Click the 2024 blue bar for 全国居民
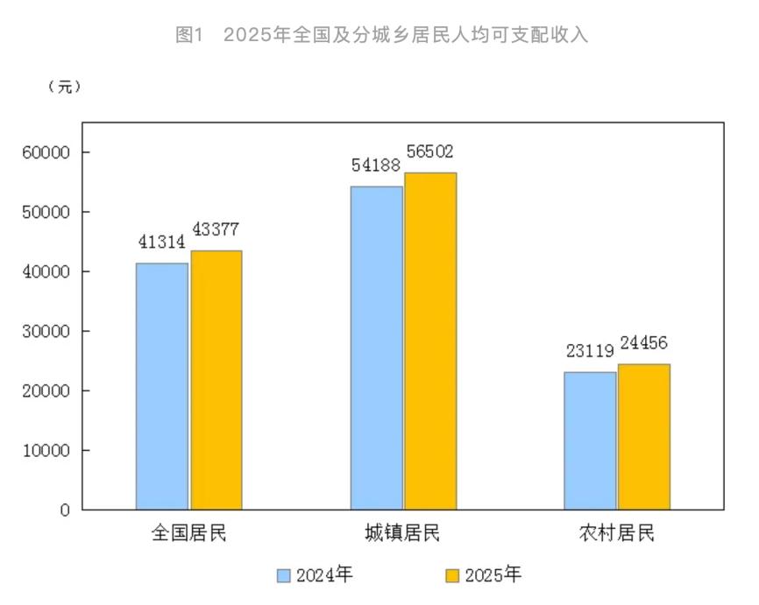(162, 386)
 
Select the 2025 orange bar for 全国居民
(216, 380)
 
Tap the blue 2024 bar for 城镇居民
(377, 348)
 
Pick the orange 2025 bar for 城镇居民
(430, 341)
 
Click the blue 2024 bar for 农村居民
(590, 440)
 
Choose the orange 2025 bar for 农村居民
(644, 436)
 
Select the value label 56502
(429, 152)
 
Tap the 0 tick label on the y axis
(65, 510)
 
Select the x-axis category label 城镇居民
(403, 533)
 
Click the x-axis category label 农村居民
(617, 533)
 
